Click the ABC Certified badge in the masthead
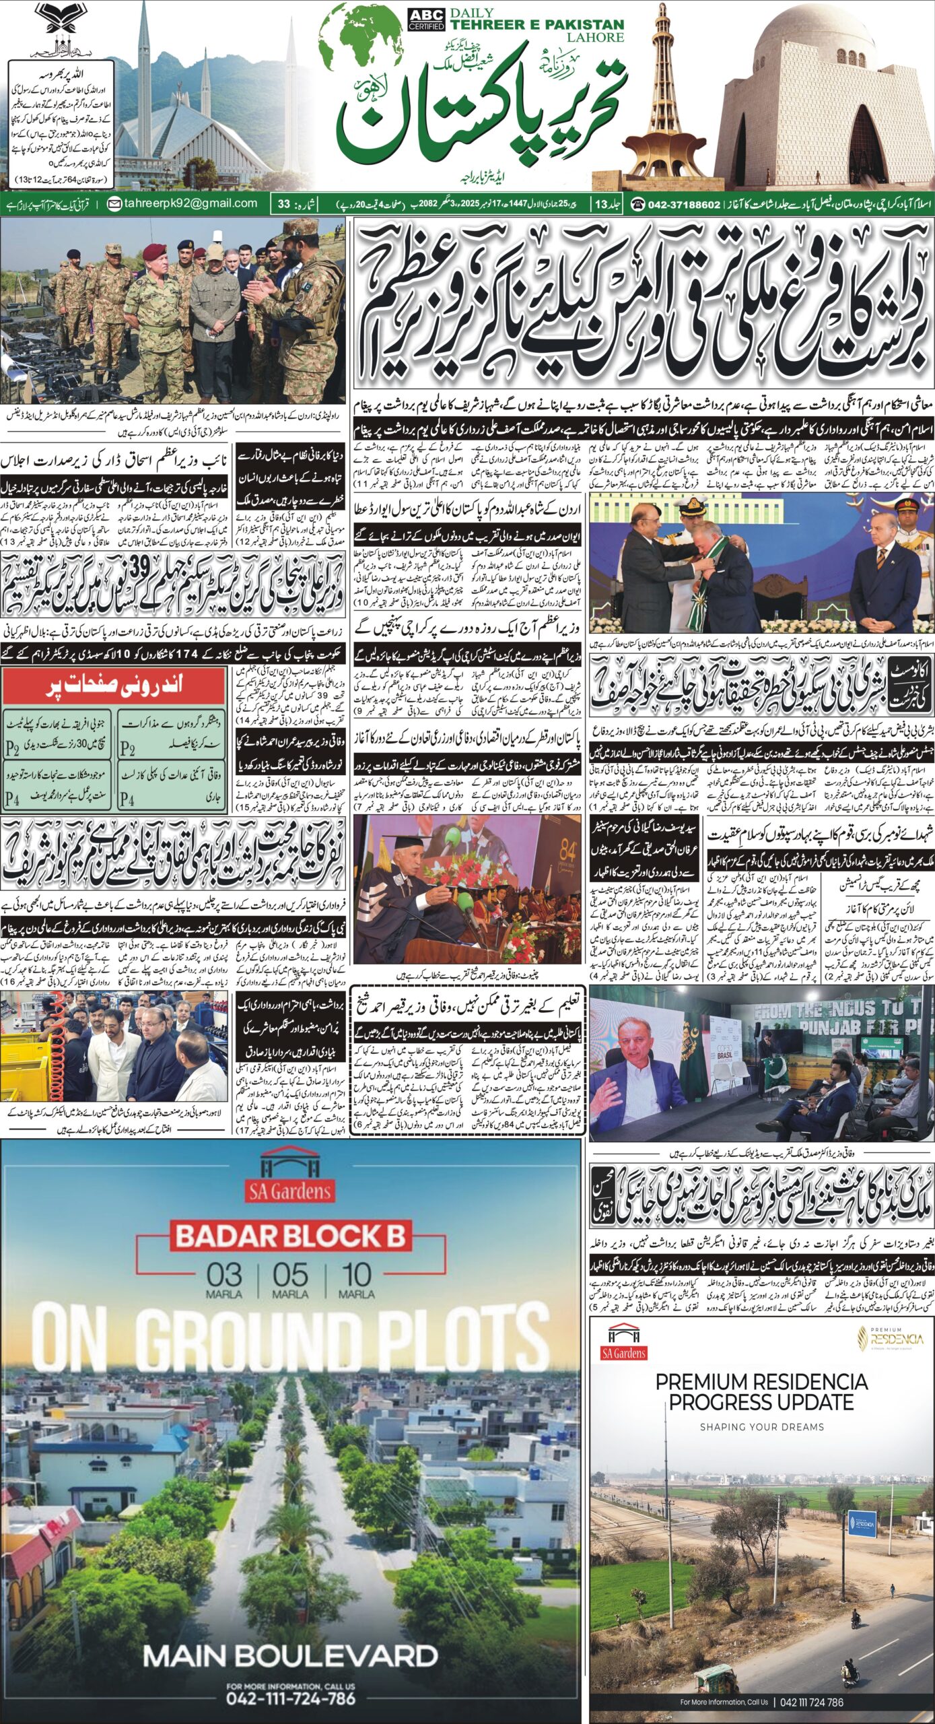coord(426,20)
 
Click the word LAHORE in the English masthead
coord(595,37)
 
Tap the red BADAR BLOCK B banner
coord(291,1236)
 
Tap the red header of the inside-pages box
coord(114,686)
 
